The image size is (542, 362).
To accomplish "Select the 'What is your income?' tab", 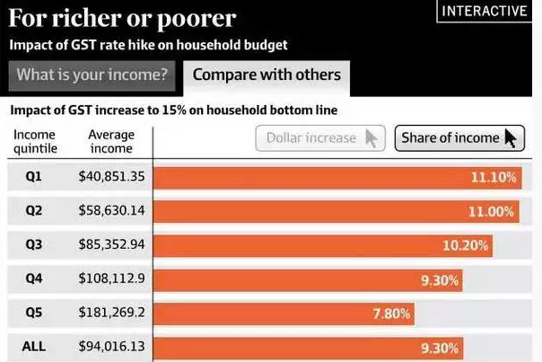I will (x=92, y=75).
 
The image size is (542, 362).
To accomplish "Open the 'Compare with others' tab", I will (x=267, y=75).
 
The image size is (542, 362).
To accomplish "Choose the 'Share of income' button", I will (x=459, y=137).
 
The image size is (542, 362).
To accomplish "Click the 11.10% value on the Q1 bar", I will (x=494, y=178).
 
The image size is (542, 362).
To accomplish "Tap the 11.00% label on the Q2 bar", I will (x=493, y=212).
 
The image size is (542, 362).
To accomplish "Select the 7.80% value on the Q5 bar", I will (x=391, y=313).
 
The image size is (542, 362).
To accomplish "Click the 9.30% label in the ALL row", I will (x=440, y=348).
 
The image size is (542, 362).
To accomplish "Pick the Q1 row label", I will (x=34, y=177).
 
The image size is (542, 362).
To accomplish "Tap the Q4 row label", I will (x=34, y=279).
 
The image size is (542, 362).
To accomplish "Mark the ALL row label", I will (x=34, y=347).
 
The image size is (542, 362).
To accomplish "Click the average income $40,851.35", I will (x=111, y=177).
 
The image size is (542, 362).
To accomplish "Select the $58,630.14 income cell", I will (x=111, y=211).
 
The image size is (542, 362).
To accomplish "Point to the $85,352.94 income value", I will (x=111, y=245).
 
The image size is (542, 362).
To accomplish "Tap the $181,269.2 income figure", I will (x=111, y=313).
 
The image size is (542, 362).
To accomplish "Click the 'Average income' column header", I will (x=111, y=141).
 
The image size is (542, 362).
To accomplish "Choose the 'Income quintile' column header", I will (x=34, y=141).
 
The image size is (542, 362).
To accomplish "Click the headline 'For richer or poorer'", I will (x=123, y=17).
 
